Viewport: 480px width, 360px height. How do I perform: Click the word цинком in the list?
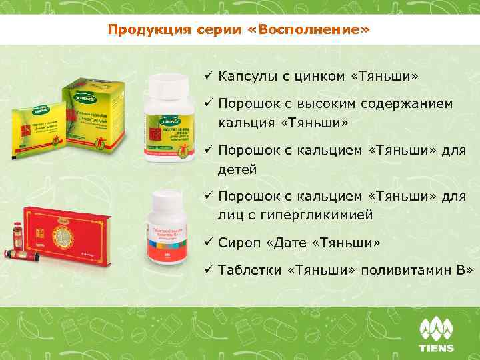click(x=315, y=77)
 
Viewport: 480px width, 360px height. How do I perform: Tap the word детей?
click(x=237, y=169)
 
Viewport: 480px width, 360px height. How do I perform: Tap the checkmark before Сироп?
click(x=208, y=243)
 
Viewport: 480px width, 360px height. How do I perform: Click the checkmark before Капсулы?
click(x=208, y=77)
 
